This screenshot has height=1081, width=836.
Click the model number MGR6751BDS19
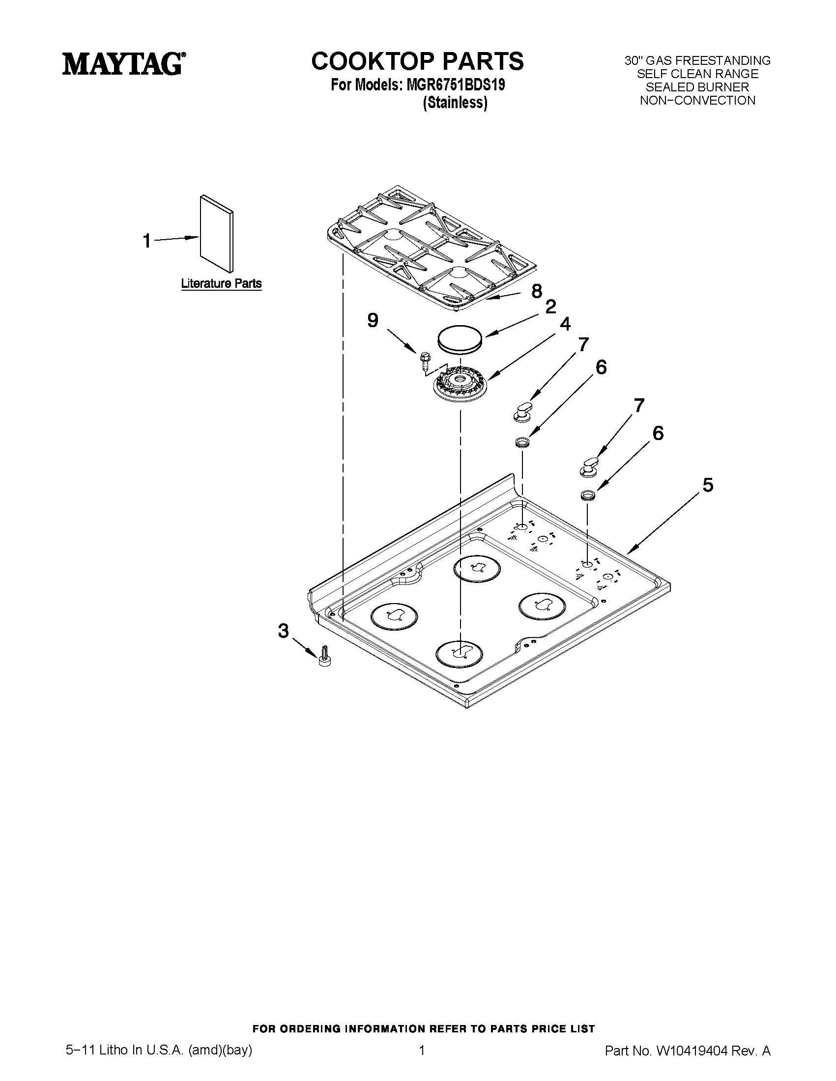point(456,85)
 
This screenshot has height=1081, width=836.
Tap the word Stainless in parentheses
point(455,103)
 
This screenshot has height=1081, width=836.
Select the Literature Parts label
point(221,283)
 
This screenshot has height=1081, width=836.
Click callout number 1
point(147,241)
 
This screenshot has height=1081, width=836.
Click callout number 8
point(536,292)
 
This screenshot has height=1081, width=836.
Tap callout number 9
point(373,321)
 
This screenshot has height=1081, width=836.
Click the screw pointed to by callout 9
point(424,360)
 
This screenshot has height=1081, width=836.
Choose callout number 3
point(283,631)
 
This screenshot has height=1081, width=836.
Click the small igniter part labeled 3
point(325,656)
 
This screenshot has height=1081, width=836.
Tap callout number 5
point(708,485)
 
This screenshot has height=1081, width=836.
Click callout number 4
point(565,324)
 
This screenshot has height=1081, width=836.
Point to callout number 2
point(550,307)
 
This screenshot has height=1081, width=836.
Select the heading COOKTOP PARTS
point(417,61)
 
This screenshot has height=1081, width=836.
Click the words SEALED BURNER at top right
point(697,87)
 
